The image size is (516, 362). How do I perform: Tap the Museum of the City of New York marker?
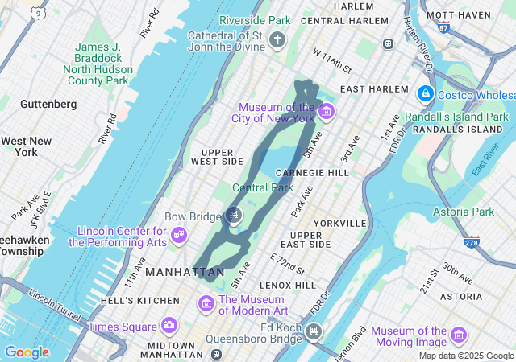[x=326, y=111]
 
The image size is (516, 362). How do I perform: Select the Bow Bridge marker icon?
[x=234, y=214]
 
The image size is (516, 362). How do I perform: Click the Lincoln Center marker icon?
[x=181, y=235]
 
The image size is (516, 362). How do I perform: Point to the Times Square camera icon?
[x=169, y=326]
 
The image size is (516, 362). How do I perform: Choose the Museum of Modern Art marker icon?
[x=207, y=304]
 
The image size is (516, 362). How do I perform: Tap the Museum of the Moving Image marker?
[x=459, y=334]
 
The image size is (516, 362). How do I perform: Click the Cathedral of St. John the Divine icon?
[x=277, y=40]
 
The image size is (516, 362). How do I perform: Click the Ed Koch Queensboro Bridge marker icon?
[x=314, y=331]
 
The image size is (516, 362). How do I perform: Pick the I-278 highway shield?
[x=472, y=241]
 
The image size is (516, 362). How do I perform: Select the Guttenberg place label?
[x=48, y=104]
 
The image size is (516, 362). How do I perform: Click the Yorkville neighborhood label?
[x=341, y=223]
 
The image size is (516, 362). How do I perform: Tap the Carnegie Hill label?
[x=312, y=172]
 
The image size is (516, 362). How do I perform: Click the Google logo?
[x=27, y=352]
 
